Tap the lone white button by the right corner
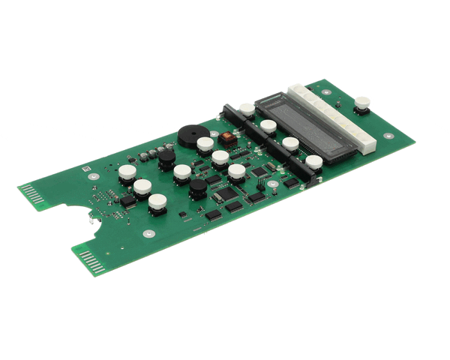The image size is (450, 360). point(363,103)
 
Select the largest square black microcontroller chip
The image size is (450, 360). point(226,193)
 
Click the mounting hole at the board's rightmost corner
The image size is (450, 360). point(388,136)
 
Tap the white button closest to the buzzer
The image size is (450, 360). point(205,143)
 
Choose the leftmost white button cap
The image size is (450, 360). point(127,172)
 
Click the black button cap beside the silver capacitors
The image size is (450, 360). point(166,156)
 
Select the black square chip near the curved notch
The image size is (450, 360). point(127,200)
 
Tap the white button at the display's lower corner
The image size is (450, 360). point(313,162)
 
